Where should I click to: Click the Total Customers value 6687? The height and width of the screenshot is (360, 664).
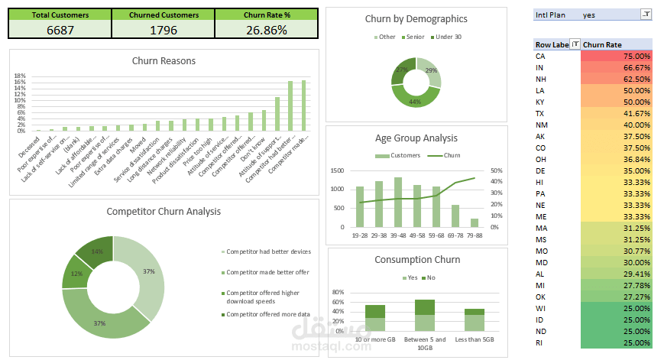pos(60,30)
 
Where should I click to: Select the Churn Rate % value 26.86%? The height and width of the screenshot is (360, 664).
pos(266,30)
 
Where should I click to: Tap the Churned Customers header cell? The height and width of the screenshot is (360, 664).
pos(164,15)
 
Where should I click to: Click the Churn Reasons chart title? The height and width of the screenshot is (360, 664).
pos(164,61)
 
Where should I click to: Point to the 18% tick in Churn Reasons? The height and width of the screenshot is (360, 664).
pos(21,76)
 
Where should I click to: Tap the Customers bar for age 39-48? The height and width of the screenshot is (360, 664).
pos(398,203)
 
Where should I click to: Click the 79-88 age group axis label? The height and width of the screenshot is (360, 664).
pos(475,236)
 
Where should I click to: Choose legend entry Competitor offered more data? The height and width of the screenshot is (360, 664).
pos(267,314)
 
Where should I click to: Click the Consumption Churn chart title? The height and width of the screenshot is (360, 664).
pos(417,260)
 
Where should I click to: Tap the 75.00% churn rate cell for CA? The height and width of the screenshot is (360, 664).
pos(615,57)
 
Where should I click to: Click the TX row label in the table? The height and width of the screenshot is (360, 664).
pos(540,113)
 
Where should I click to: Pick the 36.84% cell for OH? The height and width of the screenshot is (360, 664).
pos(615,159)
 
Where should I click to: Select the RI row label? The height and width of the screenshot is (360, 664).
pos(540,342)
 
